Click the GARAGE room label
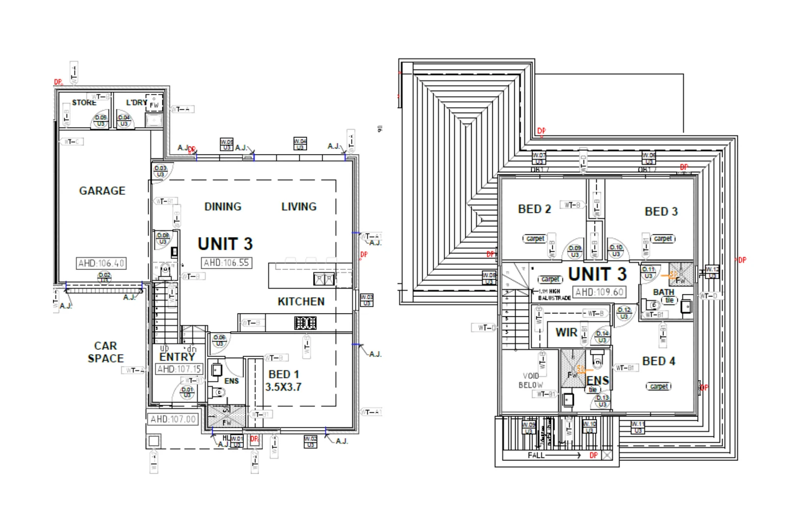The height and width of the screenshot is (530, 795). coord(102,191)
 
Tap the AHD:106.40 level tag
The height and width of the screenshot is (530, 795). coord(101,264)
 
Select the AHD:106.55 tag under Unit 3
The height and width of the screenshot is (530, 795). coord(226,263)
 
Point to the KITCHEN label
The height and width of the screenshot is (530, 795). coord(301,302)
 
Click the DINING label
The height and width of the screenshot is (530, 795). coord(223,207)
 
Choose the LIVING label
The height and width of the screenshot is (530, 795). coord(299,207)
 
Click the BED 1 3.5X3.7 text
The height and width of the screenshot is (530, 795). coord(283,381)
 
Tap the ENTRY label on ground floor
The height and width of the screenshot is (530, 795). coord(177,357)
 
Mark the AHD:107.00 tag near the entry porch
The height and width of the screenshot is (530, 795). coord(173,420)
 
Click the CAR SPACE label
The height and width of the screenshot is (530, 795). coord(106,352)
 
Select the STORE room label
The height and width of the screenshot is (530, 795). coord(84,103)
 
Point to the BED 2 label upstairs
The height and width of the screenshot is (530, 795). coord(534,209)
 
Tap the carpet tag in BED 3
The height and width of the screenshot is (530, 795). coord(662,238)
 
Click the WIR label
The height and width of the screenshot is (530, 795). coord(566,333)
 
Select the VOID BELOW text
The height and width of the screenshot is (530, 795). coord(530,380)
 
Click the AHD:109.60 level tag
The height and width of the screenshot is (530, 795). coord(599,292)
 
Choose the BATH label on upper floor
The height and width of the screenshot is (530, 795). coord(663,292)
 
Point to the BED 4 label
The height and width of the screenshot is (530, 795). coord(659,361)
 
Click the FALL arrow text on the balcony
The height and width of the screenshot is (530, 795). coord(536,455)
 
